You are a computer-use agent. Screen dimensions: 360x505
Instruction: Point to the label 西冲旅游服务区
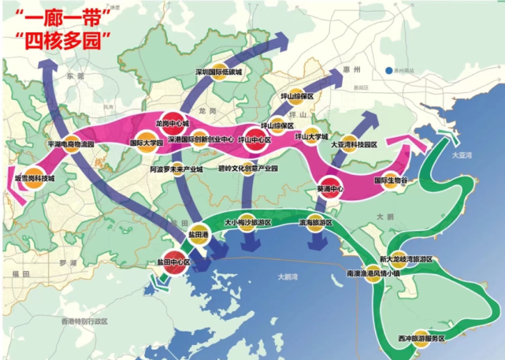[x=421, y=338]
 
